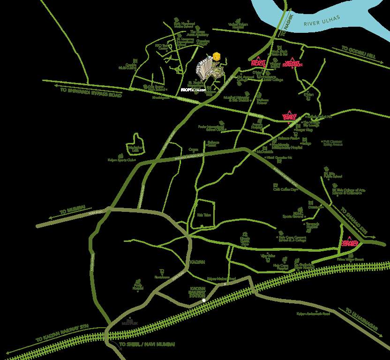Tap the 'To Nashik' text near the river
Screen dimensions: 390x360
click(x=284, y=30)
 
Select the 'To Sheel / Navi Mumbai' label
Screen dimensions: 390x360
click(x=147, y=345)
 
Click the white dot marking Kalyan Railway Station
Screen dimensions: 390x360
click(x=204, y=300)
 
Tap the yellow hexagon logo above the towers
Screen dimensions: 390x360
click(x=216, y=56)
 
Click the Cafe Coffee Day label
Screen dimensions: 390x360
click(x=285, y=189)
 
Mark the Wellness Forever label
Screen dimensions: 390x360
click(x=262, y=101)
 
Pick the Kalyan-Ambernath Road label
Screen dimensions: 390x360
click(x=314, y=314)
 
